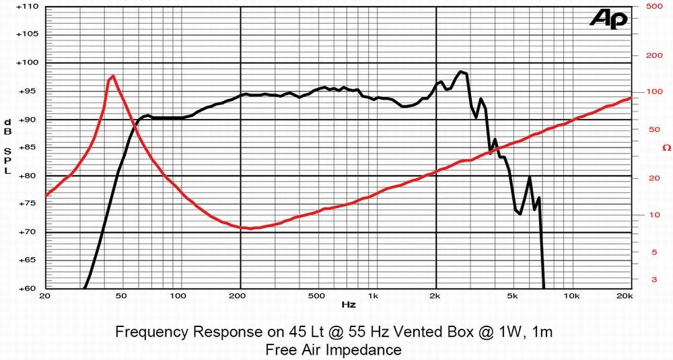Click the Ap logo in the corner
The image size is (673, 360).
(x=608, y=19)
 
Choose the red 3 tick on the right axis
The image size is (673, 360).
(x=653, y=279)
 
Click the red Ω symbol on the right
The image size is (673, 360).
(x=666, y=147)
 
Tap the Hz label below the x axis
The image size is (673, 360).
(x=348, y=305)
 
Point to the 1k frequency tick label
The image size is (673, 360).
(x=372, y=296)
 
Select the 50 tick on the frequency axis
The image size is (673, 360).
(x=120, y=296)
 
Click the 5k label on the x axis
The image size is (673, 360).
(x=513, y=296)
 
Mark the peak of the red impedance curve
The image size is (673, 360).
(x=112, y=76)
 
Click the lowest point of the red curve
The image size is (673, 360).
(x=250, y=228)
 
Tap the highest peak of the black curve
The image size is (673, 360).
(x=460, y=71)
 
